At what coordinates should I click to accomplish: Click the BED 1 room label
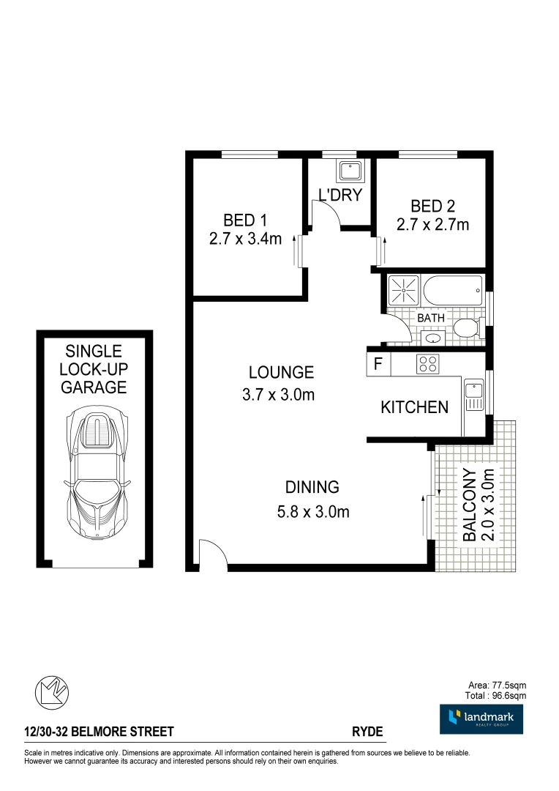(244, 220)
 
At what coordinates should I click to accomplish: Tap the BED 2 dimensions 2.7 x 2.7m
(432, 225)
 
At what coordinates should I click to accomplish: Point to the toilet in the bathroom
(467, 329)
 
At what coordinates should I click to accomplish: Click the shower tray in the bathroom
(402, 290)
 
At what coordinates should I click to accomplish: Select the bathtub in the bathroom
(453, 290)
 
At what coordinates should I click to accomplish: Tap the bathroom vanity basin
(432, 338)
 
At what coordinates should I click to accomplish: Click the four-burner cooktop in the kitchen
(427, 364)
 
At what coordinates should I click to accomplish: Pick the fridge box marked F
(378, 364)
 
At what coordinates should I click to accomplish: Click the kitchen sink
(473, 395)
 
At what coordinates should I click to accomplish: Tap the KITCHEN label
(414, 408)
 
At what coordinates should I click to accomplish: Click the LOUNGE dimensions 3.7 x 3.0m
(278, 395)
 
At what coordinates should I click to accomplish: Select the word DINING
(312, 487)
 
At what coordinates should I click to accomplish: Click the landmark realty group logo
(481, 718)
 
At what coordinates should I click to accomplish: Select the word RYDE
(367, 732)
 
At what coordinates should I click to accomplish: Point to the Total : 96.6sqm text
(495, 695)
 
